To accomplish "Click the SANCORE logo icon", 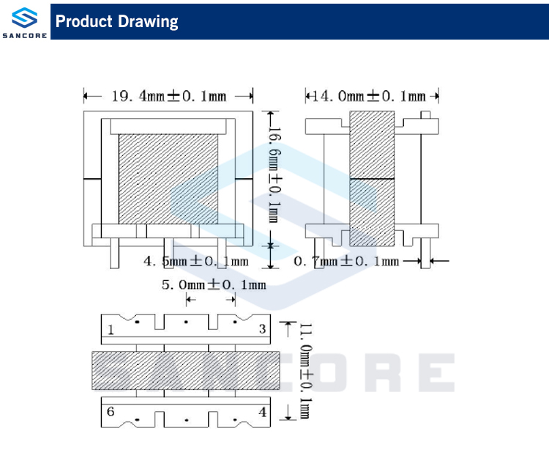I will click(x=24, y=17).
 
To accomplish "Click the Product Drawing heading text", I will click(x=117, y=21).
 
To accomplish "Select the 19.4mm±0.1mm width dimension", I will click(x=168, y=96).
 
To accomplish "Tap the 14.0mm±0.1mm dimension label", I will click(x=369, y=96).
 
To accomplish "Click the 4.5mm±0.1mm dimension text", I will click(x=195, y=261).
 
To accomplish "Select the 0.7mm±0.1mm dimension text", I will click(x=346, y=261).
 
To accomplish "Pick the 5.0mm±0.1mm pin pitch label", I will click(x=213, y=284).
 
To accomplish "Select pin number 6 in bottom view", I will click(x=111, y=412).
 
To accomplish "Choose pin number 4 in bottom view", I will click(x=262, y=412).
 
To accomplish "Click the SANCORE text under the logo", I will click(x=24, y=34).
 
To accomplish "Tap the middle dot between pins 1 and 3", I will click(x=186, y=322).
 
